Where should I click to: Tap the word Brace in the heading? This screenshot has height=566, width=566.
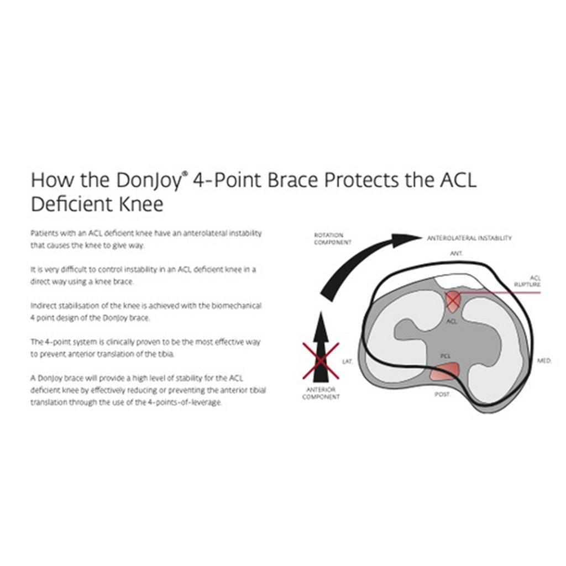pos(292,180)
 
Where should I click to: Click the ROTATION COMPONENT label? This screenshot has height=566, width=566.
pos(332,239)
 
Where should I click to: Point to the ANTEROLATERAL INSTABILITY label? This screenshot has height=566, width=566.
pos(469,238)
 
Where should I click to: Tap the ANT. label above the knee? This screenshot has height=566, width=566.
pos(456,253)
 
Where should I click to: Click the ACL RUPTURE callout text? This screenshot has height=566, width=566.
pos(528,281)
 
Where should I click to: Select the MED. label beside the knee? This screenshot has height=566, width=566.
pos(544,360)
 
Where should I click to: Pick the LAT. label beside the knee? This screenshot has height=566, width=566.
pos(347,361)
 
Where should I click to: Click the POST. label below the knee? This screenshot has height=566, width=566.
pos(443,394)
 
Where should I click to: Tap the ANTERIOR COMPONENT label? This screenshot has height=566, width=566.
pos(321,393)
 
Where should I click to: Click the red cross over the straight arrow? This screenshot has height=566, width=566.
pos(321,361)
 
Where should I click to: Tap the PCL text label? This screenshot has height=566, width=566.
pos(445,356)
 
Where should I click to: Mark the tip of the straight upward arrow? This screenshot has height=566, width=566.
pos(321,312)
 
